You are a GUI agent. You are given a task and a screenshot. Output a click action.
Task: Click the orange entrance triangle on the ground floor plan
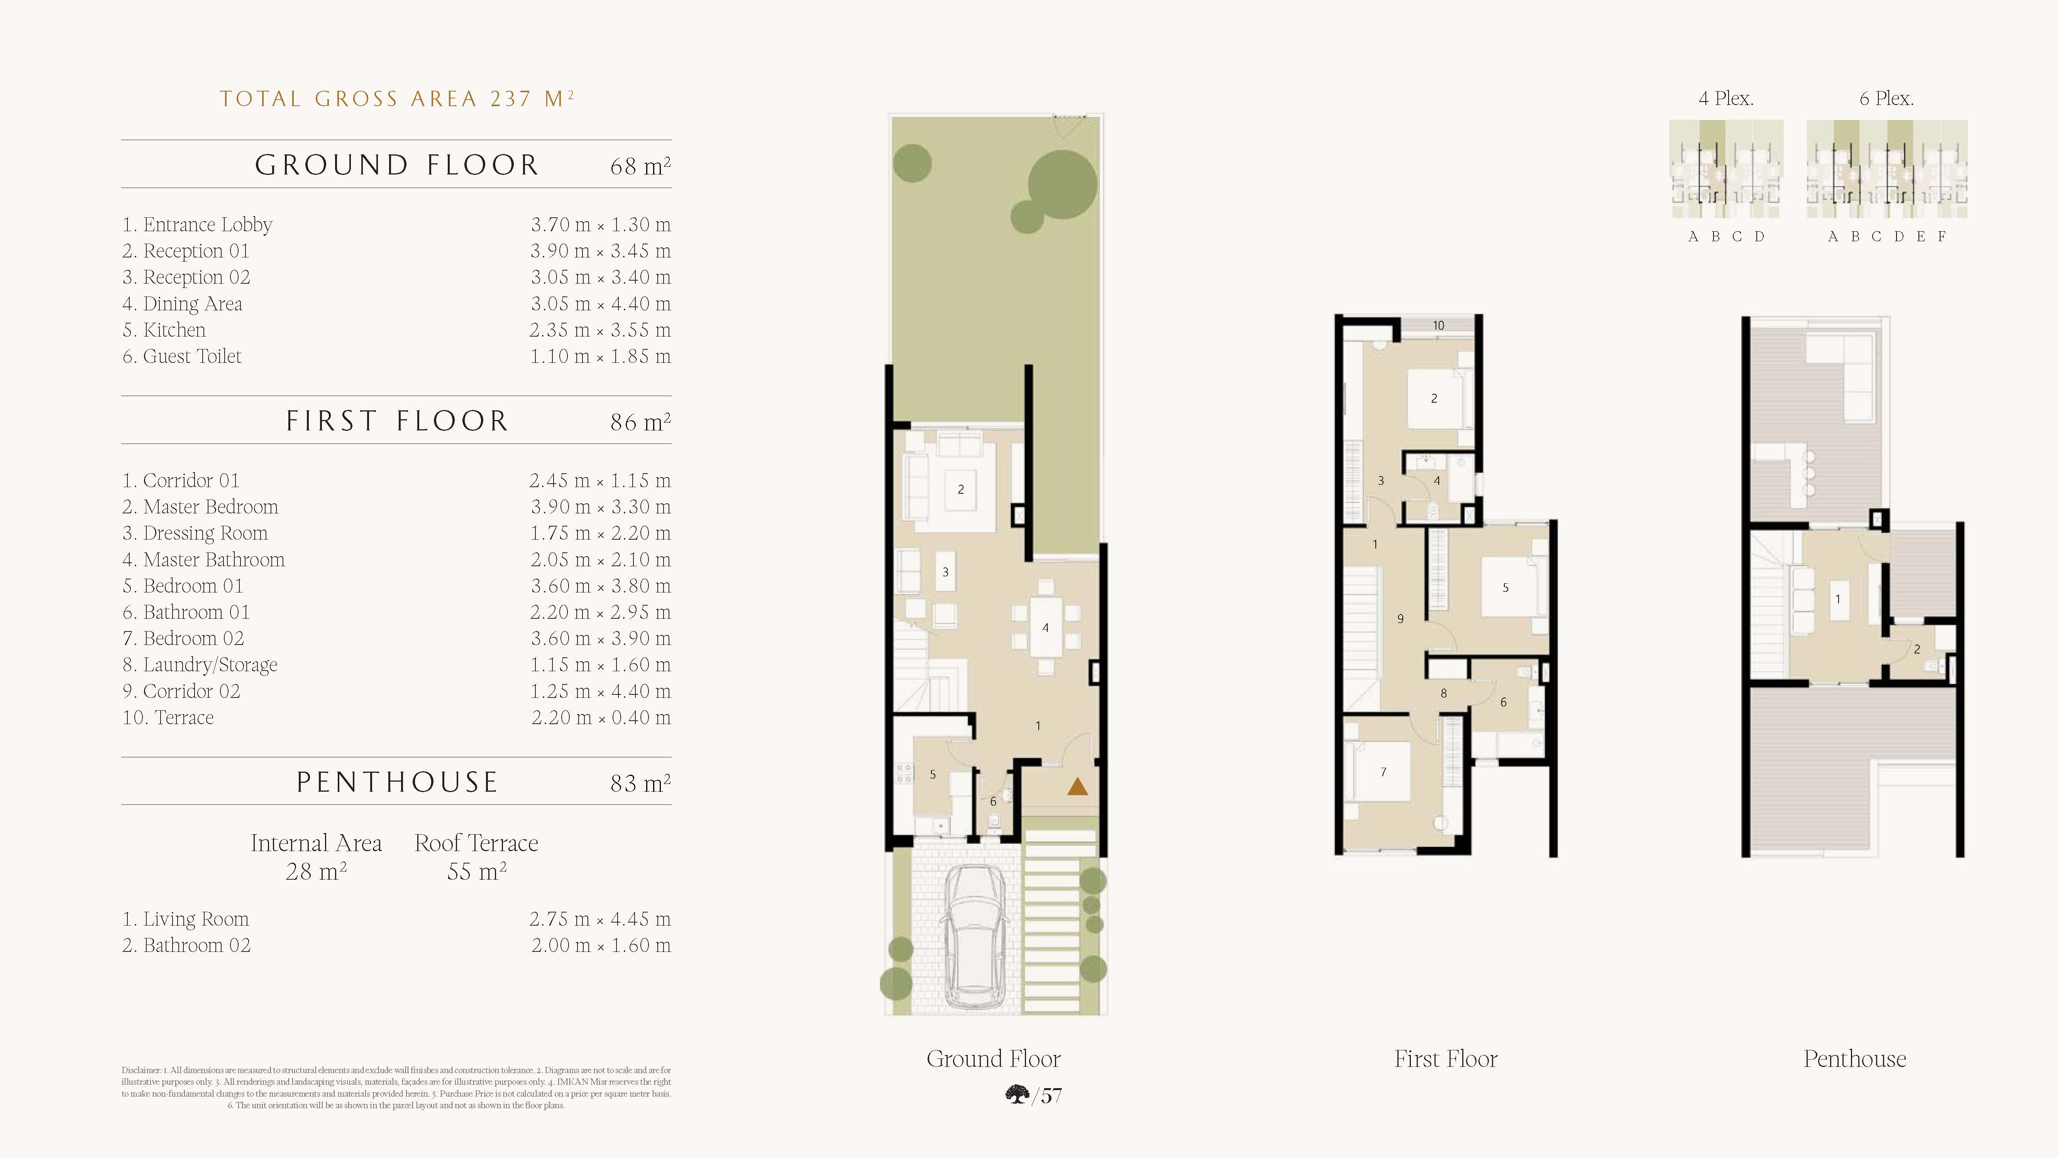1077,787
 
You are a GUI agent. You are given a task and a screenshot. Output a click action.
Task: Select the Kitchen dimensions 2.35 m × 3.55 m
599,330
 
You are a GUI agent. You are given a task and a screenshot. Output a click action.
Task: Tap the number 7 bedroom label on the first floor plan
1383,772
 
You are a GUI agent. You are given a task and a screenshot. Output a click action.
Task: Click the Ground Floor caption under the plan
994,1059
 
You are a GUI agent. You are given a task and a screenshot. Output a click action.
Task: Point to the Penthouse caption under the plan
1854,1059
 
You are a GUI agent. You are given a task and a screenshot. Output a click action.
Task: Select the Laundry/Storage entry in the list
200,665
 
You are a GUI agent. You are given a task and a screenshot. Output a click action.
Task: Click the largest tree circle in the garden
1062,185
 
